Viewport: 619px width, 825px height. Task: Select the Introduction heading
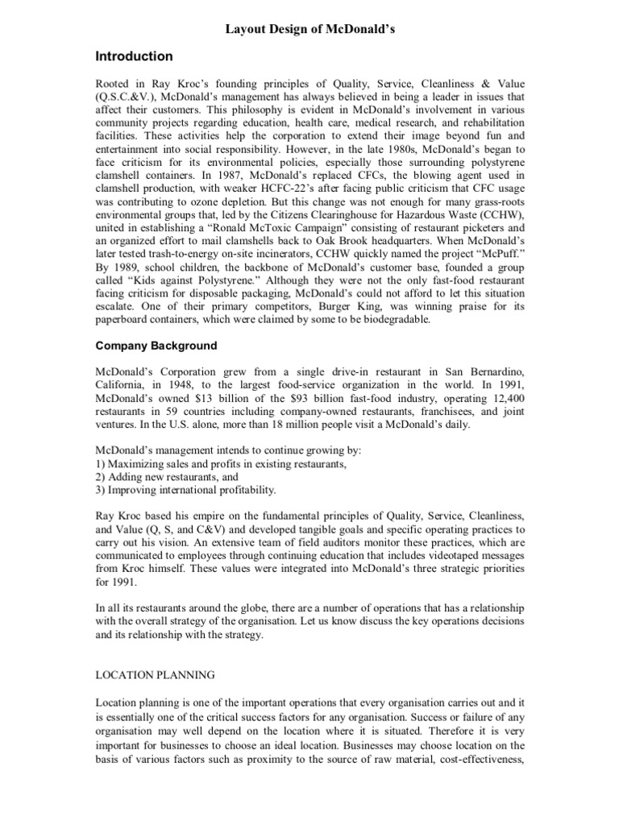point(135,56)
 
